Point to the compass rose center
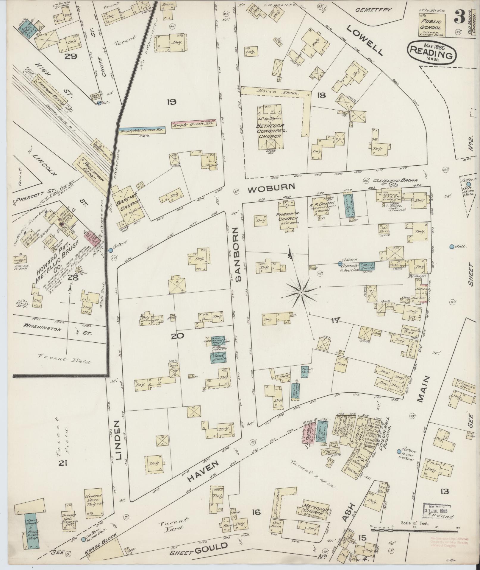(301, 293)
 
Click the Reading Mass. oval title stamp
(431, 53)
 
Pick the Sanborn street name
(238, 255)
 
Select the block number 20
(177, 336)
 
